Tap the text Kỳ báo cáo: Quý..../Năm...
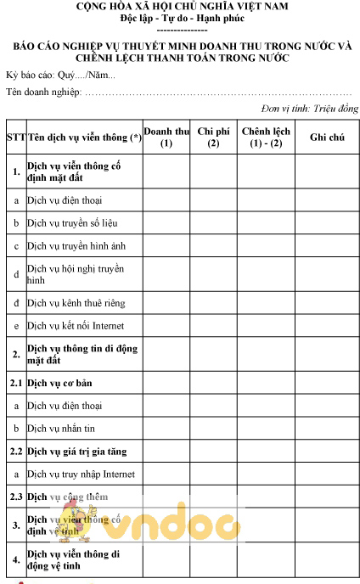(60, 76)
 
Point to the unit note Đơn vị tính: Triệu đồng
(307, 109)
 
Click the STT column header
(15, 137)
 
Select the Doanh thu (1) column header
(166, 137)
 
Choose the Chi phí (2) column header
(213, 137)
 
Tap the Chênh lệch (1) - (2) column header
(266, 137)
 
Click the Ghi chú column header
(327, 137)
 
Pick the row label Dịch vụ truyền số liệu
(72, 222)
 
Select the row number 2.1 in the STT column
(15, 383)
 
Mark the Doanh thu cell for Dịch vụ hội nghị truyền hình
(166, 274)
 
